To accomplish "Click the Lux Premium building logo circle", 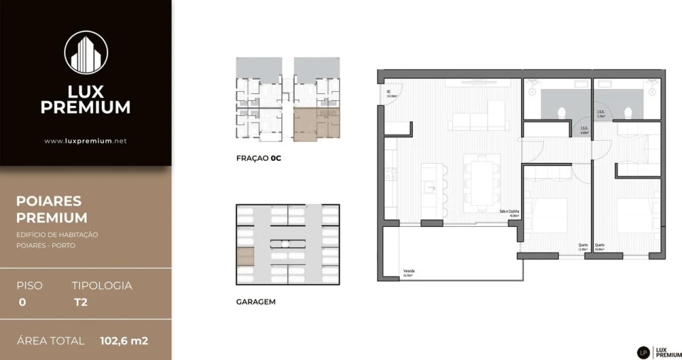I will click(x=85, y=53).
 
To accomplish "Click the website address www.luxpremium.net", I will click(x=85, y=141).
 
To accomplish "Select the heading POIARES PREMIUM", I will click(x=52, y=209).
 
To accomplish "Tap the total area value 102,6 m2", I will click(x=124, y=341).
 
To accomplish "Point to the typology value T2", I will click(x=80, y=302).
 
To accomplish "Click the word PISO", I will click(x=29, y=285).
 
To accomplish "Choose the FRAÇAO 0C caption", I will click(x=259, y=159).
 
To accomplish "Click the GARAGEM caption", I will click(x=256, y=302).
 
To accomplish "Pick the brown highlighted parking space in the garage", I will click(x=245, y=256).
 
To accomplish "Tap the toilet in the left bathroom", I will click(x=560, y=111).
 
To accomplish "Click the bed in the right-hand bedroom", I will click(x=638, y=215).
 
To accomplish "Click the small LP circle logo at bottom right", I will click(x=643, y=352).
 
